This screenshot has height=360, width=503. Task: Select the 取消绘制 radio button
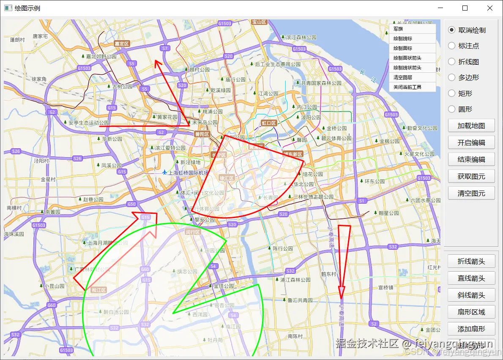click(x=452, y=30)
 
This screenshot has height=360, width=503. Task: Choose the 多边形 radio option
click(x=452, y=77)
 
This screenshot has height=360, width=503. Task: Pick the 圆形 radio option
click(x=452, y=109)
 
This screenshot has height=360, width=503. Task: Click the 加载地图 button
click(x=471, y=126)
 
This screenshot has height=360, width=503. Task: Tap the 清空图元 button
click(x=471, y=194)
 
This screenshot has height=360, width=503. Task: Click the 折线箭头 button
click(x=471, y=262)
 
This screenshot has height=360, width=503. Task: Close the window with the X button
click(x=490, y=8)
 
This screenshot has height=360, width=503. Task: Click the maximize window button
click(x=465, y=8)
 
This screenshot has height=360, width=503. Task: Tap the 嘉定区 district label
click(x=121, y=44)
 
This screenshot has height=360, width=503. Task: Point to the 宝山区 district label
click(x=259, y=22)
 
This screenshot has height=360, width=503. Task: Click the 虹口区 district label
click(x=268, y=123)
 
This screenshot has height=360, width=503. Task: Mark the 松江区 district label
click(x=98, y=290)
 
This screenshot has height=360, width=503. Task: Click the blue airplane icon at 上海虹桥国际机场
click(x=164, y=172)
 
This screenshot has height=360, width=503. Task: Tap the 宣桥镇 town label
click(x=386, y=287)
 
